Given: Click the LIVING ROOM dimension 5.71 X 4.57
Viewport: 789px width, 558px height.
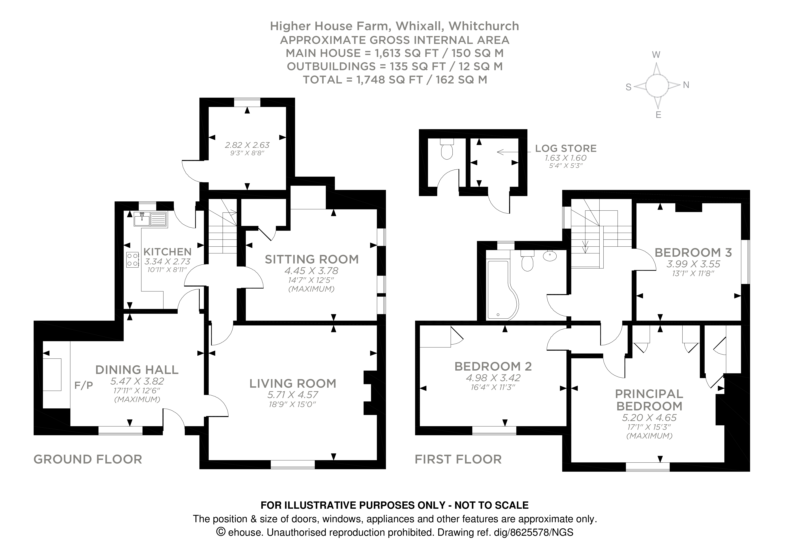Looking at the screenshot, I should tap(293, 395).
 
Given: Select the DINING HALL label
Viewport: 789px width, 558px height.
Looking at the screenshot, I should tap(137, 370).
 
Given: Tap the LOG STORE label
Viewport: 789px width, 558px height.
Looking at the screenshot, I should tap(566, 148).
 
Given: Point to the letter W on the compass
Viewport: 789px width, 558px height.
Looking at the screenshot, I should tap(656, 55).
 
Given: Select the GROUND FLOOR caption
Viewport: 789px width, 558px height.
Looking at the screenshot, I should tap(88, 459).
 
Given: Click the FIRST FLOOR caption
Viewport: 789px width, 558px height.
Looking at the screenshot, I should tap(458, 459).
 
